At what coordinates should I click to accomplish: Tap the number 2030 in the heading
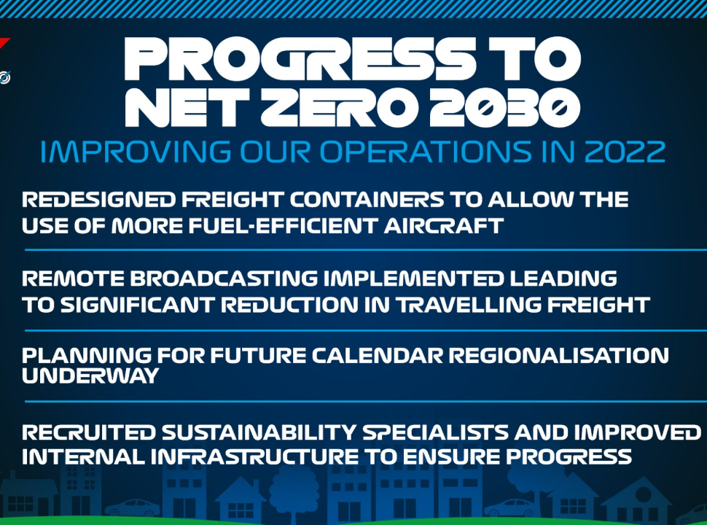505,107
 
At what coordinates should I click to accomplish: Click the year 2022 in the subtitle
625,152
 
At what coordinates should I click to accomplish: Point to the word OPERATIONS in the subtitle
426,152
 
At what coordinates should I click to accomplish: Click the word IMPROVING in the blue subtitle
136,152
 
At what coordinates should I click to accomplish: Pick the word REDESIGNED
98,199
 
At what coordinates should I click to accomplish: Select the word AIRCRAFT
443,225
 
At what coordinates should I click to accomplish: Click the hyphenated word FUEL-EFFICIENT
283,225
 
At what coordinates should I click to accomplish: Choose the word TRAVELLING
469,305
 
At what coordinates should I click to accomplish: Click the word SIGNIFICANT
137,305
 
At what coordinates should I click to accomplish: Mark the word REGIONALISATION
558,355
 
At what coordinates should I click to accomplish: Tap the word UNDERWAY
90,376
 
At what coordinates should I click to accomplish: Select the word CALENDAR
378,355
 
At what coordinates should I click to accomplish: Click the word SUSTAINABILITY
259,432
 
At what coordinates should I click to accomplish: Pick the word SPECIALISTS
435,432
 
